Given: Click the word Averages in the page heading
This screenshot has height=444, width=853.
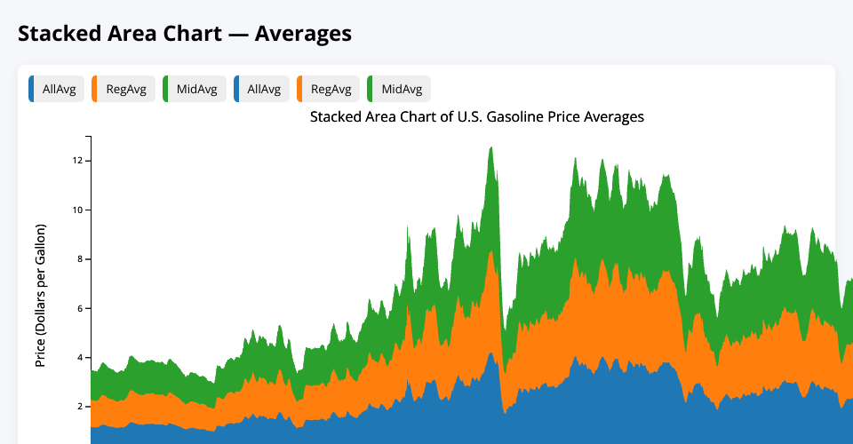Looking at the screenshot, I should (303, 34).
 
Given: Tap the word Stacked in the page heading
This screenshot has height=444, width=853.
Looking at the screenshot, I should (60, 34).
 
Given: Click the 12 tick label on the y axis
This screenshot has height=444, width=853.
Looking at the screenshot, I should (78, 161).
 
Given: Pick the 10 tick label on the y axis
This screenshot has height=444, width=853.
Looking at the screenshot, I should (78, 210).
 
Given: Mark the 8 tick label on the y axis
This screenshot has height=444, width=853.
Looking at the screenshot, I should (81, 259).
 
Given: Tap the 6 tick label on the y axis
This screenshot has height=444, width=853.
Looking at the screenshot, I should (81, 308).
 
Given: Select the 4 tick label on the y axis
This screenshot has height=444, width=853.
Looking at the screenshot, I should (81, 358).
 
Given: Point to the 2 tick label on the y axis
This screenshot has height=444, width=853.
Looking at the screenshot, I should (81, 407).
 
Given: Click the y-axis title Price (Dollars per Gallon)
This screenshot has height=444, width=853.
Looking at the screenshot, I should (40, 296).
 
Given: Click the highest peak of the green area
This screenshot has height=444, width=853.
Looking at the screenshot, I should (491, 148).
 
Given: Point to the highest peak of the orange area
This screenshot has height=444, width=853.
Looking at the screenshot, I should (491, 251).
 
